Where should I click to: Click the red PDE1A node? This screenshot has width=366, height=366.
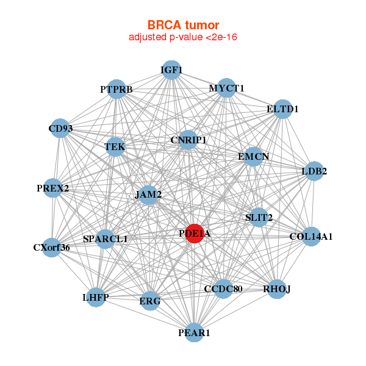(x=194, y=233)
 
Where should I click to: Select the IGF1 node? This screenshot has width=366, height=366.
(x=172, y=71)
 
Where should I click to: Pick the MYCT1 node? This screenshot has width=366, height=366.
(x=226, y=88)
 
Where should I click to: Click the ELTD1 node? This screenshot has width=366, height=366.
(x=282, y=109)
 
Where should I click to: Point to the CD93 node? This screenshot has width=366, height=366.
(x=60, y=129)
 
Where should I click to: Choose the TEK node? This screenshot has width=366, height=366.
(x=115, y=147)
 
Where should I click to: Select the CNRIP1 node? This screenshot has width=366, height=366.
(x=188, y=140)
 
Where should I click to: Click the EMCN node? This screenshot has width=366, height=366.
(x=253, y=157)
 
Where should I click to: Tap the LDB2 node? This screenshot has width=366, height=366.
(x=314, y=171)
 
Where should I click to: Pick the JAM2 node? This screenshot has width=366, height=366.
(x=148, y=195)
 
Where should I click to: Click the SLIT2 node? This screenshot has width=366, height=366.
(x=259, y=217)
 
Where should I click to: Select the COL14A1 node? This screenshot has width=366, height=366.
(x=311, y=236)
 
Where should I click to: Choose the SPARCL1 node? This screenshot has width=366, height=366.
(x=106, y=239)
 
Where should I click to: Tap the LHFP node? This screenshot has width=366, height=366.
(x=95, y=297)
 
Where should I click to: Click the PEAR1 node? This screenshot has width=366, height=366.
(x=194, y=332)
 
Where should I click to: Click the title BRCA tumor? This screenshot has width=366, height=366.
(x=183, y=25)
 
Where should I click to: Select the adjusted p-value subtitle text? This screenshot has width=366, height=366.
(x=183, y=37)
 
